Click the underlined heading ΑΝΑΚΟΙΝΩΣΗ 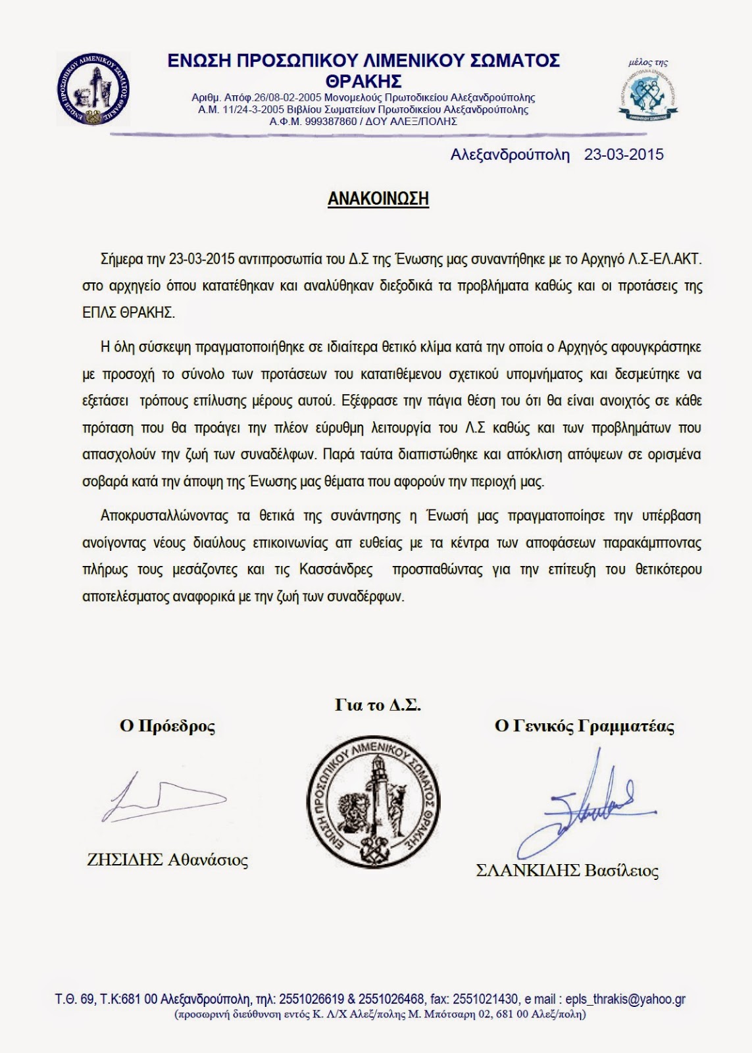coord(378,199)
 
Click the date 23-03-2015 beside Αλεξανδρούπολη coord(624,155)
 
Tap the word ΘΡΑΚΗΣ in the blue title coord(363,82)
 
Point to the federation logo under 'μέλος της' coord(649,95)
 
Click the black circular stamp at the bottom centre coord(374,803)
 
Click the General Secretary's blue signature coord(589,806)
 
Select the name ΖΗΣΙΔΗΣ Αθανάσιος coord(168,860)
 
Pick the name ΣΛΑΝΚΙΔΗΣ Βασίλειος coord(567,871)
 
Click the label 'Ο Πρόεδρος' coord(167,726)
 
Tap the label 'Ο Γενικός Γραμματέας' coord(584,726)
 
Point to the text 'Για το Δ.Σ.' coord(378,705)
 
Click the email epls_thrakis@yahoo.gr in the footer coord(625,999)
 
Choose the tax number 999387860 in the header coord(326,122)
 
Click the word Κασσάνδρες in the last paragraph coord(336,569)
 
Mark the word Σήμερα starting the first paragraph coord(122,259)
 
